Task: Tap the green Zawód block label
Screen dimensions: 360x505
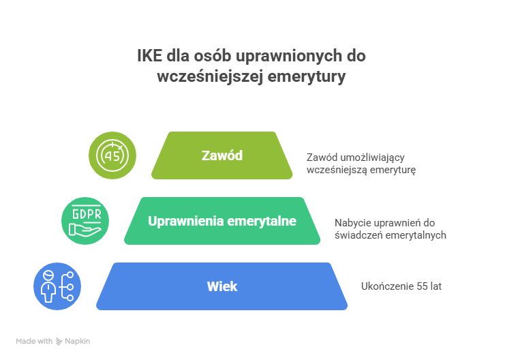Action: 222,155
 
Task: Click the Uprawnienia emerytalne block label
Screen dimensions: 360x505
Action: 222,221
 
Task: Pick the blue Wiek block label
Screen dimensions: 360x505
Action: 222,286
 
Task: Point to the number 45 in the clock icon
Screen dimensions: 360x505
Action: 112,155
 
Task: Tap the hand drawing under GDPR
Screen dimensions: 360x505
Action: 86,230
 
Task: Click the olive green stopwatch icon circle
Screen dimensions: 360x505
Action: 112,155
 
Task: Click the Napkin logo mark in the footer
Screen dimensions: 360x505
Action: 59,341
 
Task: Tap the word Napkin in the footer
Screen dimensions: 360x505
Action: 78,341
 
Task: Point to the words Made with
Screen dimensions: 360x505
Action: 34,341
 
